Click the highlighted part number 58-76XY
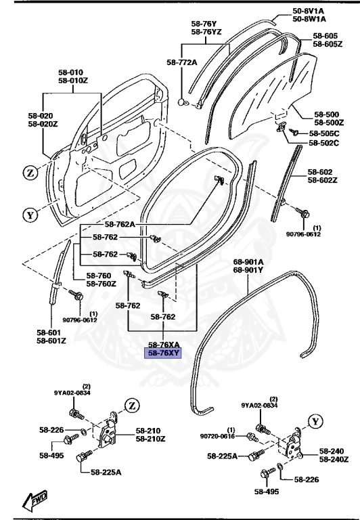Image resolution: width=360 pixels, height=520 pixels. [x=160, y=353]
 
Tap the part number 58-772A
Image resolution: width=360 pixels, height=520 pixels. [x=181, y=62]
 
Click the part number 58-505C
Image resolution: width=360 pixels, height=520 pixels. [x=323, y=133]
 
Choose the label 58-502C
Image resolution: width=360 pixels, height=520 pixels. [x=323, y=143]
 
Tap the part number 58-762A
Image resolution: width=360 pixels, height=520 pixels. [x=120, y=224]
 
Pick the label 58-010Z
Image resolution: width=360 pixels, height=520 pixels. [x=70, y=81]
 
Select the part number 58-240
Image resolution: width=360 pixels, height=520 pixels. [x=332, y=451]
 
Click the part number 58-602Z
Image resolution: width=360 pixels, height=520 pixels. [x=323, y=180]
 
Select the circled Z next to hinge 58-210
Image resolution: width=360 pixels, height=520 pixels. [x=131, y=406]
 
